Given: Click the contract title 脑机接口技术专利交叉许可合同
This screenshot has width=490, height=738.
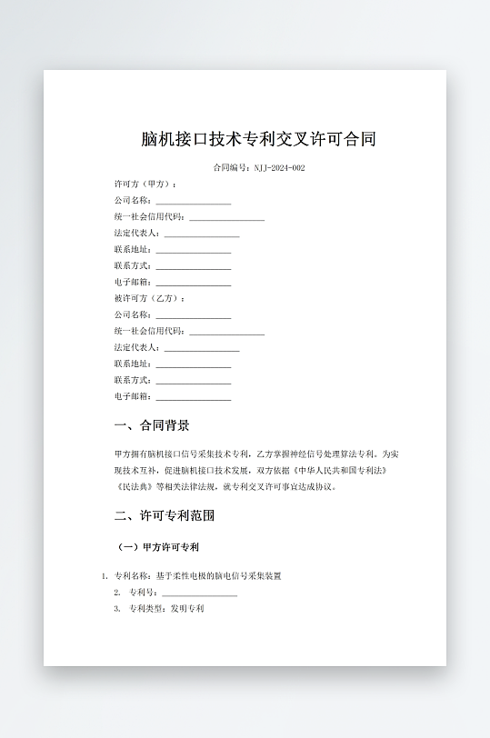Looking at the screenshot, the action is click(x=259, y=139).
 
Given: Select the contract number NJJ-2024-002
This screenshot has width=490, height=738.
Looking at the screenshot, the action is click(x=279, y=168).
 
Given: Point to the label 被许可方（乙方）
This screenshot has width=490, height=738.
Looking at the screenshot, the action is click(x=149, y=298).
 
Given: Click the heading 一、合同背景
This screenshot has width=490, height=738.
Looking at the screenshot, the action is click(x=152, y=425).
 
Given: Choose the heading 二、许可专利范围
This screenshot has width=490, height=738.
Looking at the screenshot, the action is click(x=165, y=515).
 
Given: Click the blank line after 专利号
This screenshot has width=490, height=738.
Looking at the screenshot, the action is click(x=199, y=593).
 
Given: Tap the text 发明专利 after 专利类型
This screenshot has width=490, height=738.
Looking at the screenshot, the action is click(x=187, y=609).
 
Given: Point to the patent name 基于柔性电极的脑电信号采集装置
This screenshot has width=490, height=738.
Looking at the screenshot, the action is click(x=225, y=576).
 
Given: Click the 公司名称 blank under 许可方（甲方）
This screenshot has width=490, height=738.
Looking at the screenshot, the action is click(x=193, y=200).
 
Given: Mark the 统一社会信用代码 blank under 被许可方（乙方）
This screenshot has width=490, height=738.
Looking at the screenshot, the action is click(x=226, y=331).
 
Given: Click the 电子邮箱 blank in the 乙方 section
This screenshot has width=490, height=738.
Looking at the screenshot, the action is click(x=193, y=396).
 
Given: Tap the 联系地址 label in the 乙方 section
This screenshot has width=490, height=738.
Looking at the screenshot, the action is click(x=133, y=364).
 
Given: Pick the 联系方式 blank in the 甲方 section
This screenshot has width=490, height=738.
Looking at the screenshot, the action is click(x=193, y=265).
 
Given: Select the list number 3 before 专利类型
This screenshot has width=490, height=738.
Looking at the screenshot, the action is click(x=116, y=609).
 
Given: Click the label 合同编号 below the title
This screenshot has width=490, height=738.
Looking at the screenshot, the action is click(x=231, y=168).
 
